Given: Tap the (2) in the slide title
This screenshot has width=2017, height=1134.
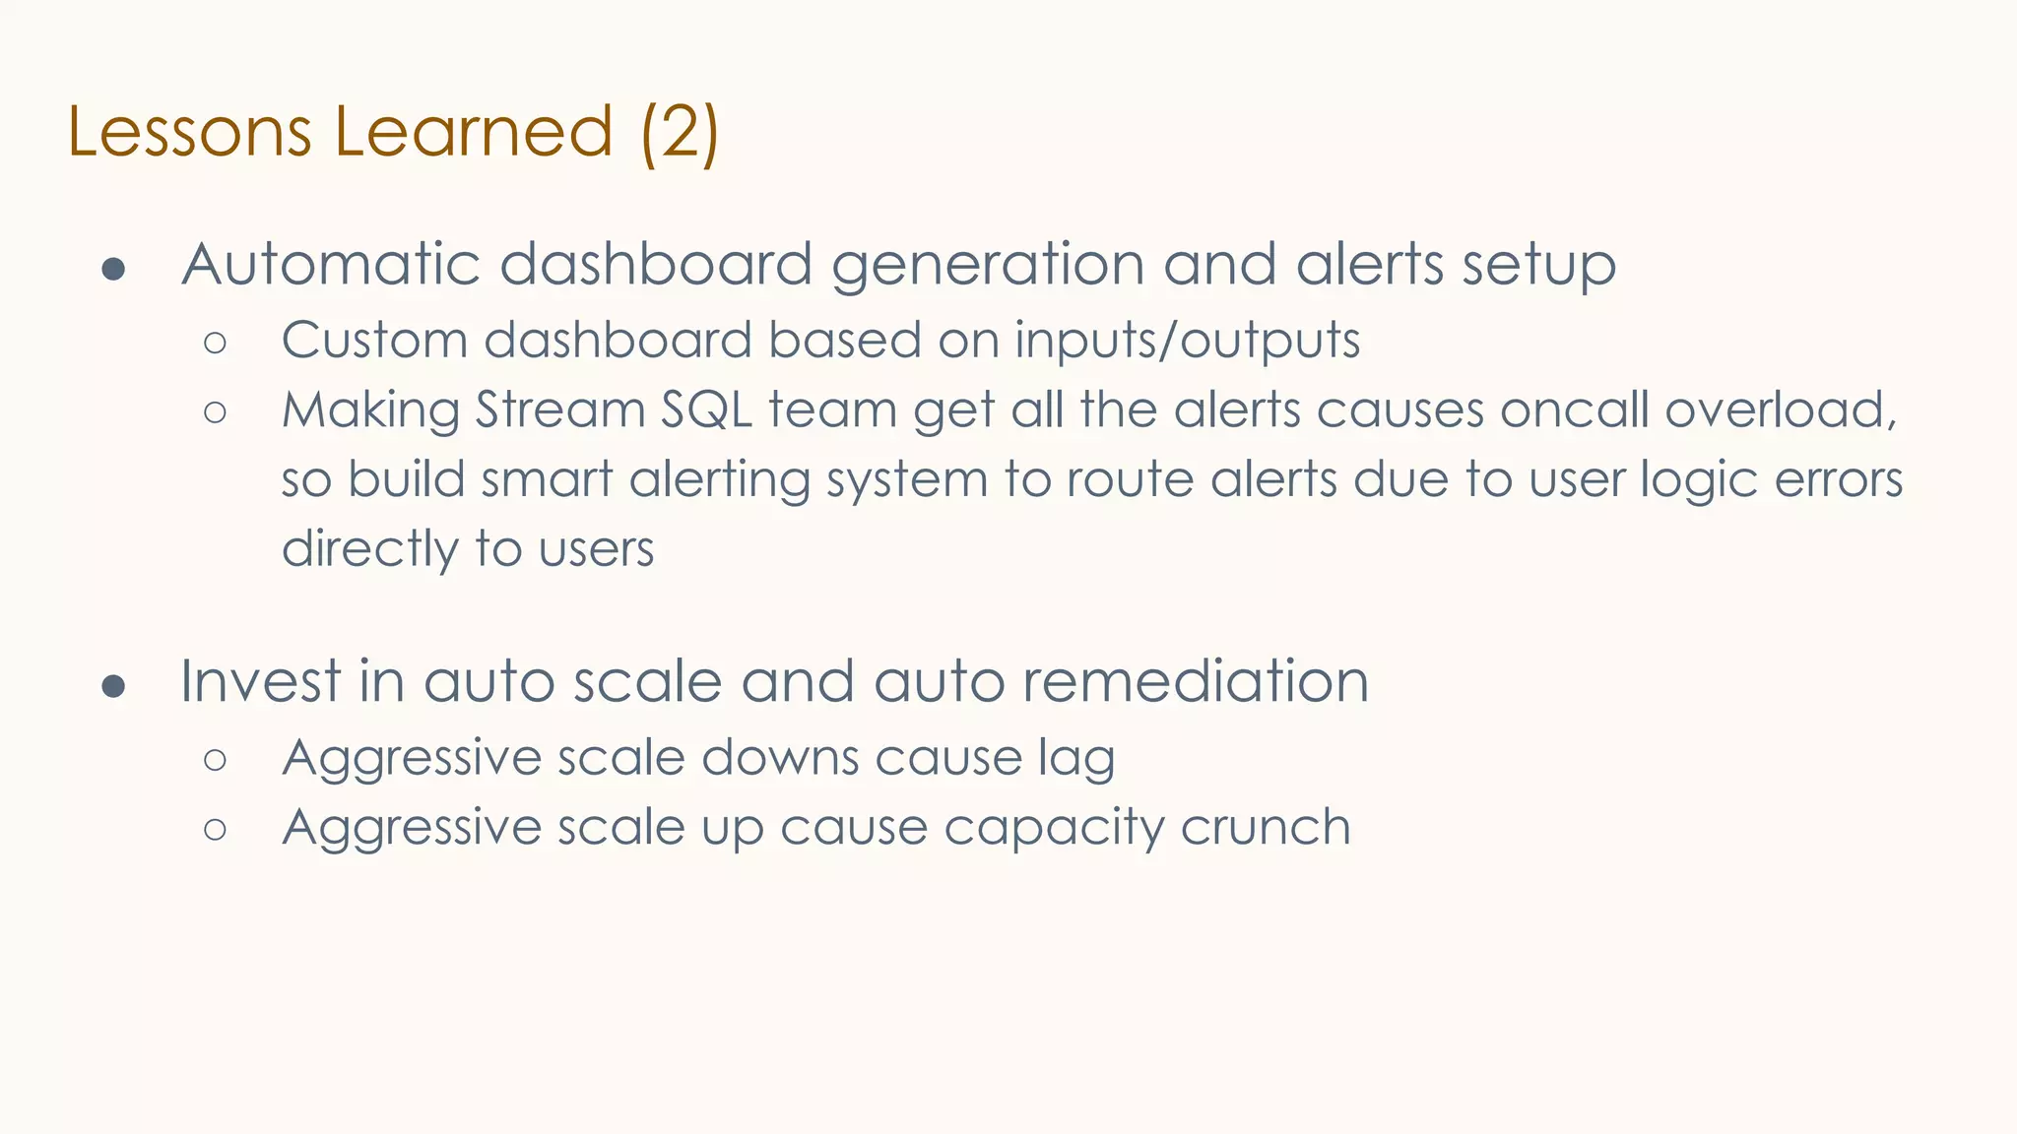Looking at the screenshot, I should [680, 132].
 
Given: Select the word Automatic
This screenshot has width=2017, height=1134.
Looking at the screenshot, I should [331, 265].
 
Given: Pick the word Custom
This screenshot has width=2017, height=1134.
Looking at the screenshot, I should [374, 341].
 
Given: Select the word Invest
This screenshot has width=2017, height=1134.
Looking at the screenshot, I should [261, 681].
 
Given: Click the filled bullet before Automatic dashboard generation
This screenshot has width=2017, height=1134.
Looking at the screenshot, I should [114, 269].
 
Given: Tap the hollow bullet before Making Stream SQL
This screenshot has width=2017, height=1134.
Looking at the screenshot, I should [216, 412].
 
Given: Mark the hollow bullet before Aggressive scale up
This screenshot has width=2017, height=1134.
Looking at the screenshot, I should [216, 830].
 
